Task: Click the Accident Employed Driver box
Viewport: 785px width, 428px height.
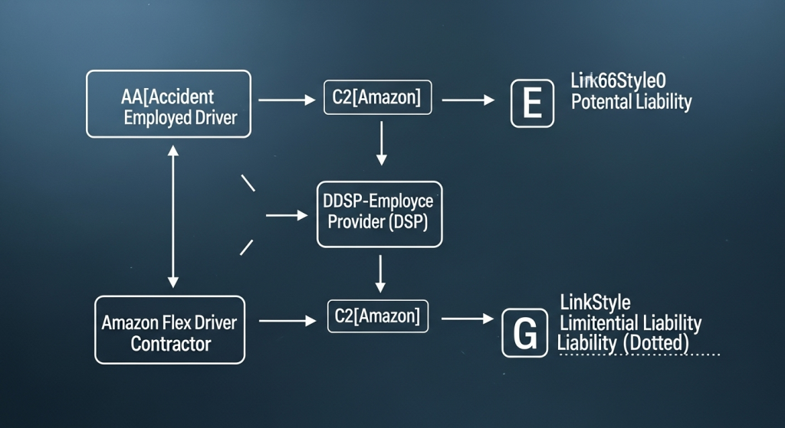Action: point(169,104)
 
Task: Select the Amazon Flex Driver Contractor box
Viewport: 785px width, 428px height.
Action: point(170,330)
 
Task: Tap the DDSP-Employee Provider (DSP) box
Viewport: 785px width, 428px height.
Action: point(379,214)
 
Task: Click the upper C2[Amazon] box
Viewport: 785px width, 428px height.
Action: point(377,99)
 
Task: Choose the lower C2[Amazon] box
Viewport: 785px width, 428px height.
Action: point(378,316)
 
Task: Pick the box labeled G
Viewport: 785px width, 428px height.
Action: point(525,333)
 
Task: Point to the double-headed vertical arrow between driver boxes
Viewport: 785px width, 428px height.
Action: point(172,217)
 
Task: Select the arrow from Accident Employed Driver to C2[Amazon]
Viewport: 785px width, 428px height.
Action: point(287,100)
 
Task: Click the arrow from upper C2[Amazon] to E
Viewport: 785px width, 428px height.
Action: point(470,100)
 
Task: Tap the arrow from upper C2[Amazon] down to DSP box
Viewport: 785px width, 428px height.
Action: point(381,143)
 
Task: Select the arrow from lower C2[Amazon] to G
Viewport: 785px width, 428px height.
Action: point(467,318)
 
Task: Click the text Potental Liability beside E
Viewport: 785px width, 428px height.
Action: point(631,102)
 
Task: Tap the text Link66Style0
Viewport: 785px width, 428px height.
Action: point(618,80)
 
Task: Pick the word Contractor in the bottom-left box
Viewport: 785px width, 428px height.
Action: point(170,344)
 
